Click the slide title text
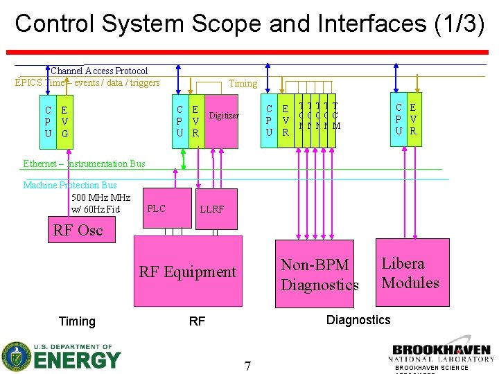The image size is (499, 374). point(249,23)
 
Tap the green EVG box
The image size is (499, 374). point(64,121)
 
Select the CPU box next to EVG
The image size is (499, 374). point(47,121)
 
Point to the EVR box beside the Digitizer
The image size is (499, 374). point(195,121)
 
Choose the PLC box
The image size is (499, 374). point(157,208)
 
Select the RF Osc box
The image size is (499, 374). point(78,230)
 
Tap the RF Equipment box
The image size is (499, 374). point(188,272)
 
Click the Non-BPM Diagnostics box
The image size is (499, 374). point(319,275)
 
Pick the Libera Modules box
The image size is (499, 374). point(410,273)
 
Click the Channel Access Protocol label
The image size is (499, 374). point(99,71)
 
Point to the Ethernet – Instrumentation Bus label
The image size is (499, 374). point(85,163)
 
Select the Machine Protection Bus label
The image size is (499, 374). point(70,185)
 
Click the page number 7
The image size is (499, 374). point(247,365)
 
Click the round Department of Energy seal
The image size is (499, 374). point(16,357)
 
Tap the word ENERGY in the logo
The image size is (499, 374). point(76,360)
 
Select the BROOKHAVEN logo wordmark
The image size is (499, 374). point(441,350)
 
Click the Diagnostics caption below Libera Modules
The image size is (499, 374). point(358,319)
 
